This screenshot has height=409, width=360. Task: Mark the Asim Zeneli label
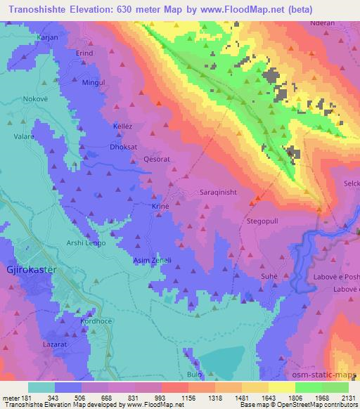[153, 260]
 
